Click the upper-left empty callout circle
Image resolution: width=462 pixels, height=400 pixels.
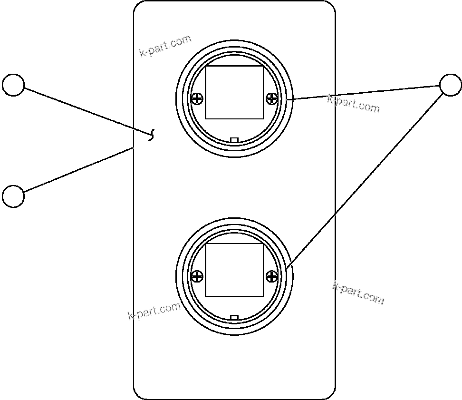pyautogui.click(x=13, y=85)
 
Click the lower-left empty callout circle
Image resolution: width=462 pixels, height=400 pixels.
pyautogui.click(x=13, y=196)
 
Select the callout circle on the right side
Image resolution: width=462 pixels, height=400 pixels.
pyautogui.click(x=450, y=85)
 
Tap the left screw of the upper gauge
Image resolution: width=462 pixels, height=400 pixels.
pyautogui.click(x=197, y=99)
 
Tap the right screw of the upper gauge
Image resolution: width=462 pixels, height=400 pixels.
pyautogui.click(x=272, y=99)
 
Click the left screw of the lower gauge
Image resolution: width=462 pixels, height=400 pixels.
pyautogui.click(x=197, y=276)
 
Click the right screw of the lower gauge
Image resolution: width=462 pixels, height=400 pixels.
pyautogui.click(x=272, y=276)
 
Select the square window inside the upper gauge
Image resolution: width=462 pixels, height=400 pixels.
pyautogui.click(x=234, y=92)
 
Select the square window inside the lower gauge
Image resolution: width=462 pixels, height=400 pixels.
pyautogui.click(x=234, y=270)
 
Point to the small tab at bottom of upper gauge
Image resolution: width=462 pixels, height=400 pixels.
pyautogui.click(x=234, y=139)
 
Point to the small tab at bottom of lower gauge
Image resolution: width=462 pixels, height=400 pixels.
pyautogui.click(x=234, y=317)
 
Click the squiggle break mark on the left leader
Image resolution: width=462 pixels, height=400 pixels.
pyautogui.click(x=152, y=136)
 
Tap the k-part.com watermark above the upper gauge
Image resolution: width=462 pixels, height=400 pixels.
pyautogui.click(x=165, y=46)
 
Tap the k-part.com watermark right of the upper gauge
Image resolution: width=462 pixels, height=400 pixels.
pyautogui.click(x=354, y=104)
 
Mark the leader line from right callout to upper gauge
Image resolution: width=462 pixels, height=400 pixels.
pyautogui.click(x=364, y=92)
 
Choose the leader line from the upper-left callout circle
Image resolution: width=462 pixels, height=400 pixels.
pyautogui.click(x=86, y=111)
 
